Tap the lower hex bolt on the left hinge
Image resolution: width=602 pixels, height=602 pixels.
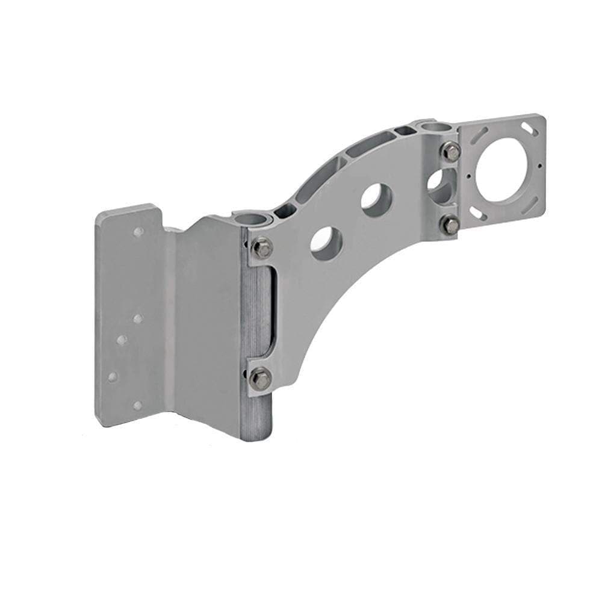(261, 377)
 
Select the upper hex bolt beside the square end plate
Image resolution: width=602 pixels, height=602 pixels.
(450, 151)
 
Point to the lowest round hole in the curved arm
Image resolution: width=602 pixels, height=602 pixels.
(326, 243)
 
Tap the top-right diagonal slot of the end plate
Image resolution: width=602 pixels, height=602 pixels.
(530, 128)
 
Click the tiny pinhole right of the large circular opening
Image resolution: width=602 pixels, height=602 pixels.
(539, 166)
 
